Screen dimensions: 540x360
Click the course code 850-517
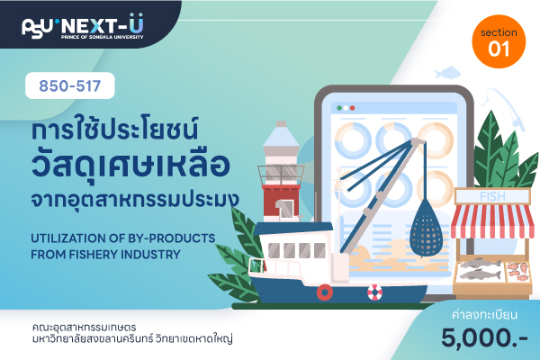pyautogui.click(x=70, y=85)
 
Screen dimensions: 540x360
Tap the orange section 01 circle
pyautogui.click(x=499, y=41)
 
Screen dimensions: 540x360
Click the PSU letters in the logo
pyautogui.click(x=37, y=28)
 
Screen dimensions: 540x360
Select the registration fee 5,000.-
pyautogui.click(x=484, y=337)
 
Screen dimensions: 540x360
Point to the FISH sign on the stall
pyautogui.click(x=492, y=196)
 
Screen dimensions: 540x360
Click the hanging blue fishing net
pyautogui.click(x=426, y=228)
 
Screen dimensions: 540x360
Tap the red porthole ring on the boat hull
pyautogui.click(x=325, y=292)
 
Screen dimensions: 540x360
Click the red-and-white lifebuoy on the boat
pyautogui.click(x=374, y=292)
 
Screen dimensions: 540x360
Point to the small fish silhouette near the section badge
pyautogui.click(x=447, y=72)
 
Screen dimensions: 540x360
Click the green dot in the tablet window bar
pyautogui.click(x=339, y=108)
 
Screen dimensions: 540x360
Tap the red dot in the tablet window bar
pyautogui.click(x=352, y=108)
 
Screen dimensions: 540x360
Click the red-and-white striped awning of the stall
pyautogui.click(x=492, y=220)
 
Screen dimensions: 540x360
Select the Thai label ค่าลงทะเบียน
pyautogui.click(x=484, y=315)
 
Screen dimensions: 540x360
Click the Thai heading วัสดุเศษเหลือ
pyautogui.click(x=130, y=165)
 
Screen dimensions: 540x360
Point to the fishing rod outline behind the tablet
pyautogui.click(x=505, y=107)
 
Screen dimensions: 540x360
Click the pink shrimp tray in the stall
pyautogui.click(x=517, y=272)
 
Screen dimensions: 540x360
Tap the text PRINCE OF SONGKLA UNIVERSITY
pyautogui.click(x=102, y=37)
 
